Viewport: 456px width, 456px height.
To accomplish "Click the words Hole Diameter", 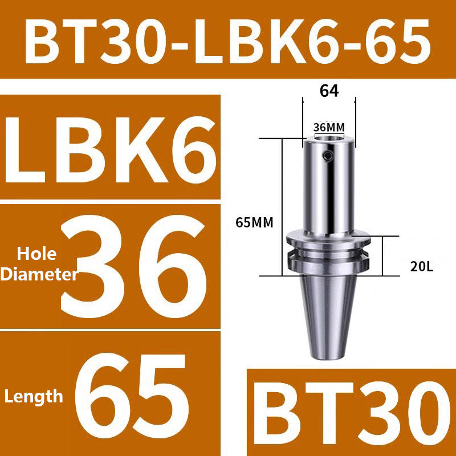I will pyautogui.click(x=39, y=263).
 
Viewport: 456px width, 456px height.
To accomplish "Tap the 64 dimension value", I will pyautogui.click(x=329, y=91).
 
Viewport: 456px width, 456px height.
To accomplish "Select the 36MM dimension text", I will pyautogui.click(x=329, y=126).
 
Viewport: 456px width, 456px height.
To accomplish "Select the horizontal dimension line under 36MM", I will pyautogui.click(x=329, y=134).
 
